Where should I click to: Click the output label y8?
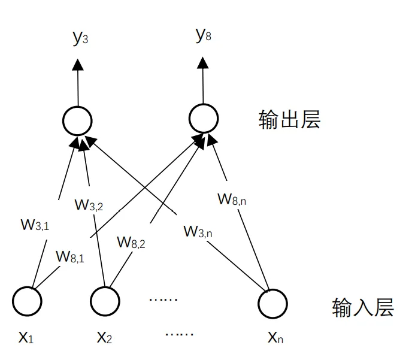(x=204, y=36)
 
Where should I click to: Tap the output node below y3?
(x=78, y=121)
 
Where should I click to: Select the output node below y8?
(x=204, y=119)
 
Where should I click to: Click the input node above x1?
(x=28, y=302)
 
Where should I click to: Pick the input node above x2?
(x=105, y=302)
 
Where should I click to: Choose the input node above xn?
(x=272, y=302)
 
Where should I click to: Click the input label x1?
(x=26, y=338)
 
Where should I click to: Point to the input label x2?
(x=104, y=338)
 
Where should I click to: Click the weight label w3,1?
(x=35, y=225)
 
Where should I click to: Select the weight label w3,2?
(x=89, y=204)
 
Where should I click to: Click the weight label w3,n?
(x=198, y=231)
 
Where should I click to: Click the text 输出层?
(x=290, y=119)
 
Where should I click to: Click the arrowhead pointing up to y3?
(x=78, y=63)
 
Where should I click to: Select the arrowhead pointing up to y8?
(x=204, y=62)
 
